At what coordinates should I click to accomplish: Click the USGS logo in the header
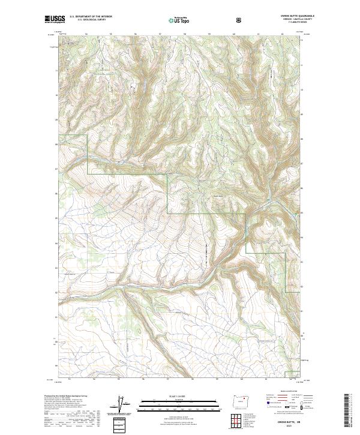55,20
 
